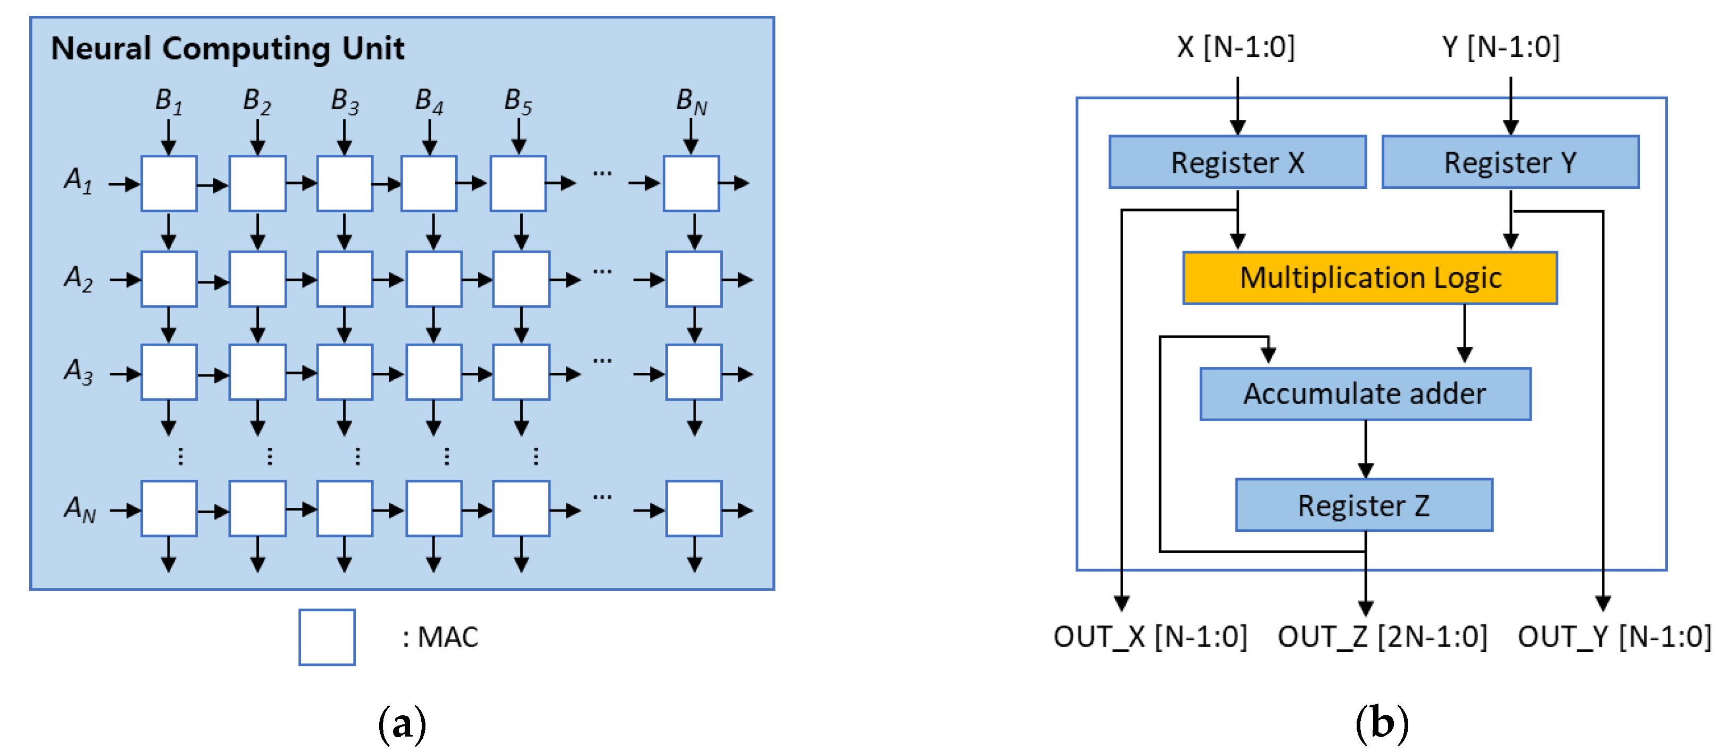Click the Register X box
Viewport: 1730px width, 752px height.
(x=1236, y=162)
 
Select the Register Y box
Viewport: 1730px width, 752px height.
(x=1510, y=162)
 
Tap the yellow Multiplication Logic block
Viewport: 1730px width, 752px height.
(x=1369, y=277)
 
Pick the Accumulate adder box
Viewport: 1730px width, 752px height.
(x=1365, y=394)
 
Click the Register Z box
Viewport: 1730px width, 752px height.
(x=1364, y=505)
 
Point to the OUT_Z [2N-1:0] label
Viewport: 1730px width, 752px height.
(x=1382, y=637)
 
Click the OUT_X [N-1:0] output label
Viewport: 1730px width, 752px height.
(x=1150, y=637)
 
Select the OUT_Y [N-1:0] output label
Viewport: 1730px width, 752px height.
(x=1614, y=637)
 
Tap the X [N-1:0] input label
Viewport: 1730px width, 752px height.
(x=1236, y=47)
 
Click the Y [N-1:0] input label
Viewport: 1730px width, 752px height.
(x=1500, y=47)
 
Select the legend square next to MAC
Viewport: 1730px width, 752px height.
(x=327, y=637)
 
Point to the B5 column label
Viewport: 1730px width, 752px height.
(x=518, y=102)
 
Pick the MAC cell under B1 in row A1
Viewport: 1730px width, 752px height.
(x=169, y=183)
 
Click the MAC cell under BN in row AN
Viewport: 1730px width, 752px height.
(x=693, y=508)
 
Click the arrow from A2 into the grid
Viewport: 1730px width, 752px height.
(x=125, y=279)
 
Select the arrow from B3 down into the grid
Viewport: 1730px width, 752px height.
(x=345, y=137)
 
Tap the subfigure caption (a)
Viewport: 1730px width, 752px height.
(x=402, y=724)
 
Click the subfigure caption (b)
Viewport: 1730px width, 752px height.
(x=1382, y=724)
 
